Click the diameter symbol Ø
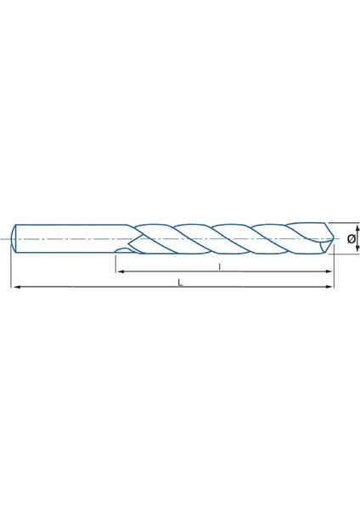point(350,239)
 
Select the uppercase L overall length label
point(180,283)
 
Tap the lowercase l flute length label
point(220,266)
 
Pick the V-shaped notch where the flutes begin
point(130,238)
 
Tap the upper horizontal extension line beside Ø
point(344,224)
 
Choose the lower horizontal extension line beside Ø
point(344,254)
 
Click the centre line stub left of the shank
point(6,238)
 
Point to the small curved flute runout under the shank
point(124,251)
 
